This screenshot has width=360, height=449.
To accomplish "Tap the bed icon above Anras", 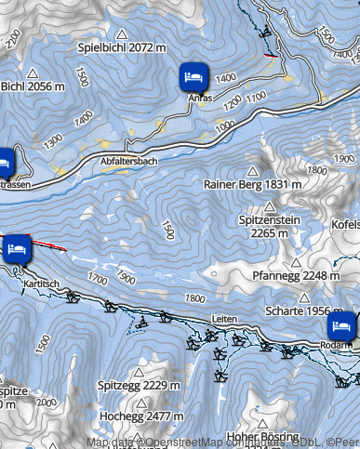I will pos(194,75).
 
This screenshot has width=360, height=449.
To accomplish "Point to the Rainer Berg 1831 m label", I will pos(252,184).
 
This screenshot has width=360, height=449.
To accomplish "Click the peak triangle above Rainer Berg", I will pos(252,170).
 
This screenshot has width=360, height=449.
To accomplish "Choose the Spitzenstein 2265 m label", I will pos(269,226).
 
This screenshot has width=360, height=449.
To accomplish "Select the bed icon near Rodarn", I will pos(341,325).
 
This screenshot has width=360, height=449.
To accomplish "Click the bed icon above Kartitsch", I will pos(17,248).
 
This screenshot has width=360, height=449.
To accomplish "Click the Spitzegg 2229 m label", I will pos(139,384).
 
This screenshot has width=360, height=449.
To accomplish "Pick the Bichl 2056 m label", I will pos(33,86).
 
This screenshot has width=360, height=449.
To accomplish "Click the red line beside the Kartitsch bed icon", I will pos(51,245).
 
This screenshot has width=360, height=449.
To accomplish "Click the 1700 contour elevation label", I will pos(95,276).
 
